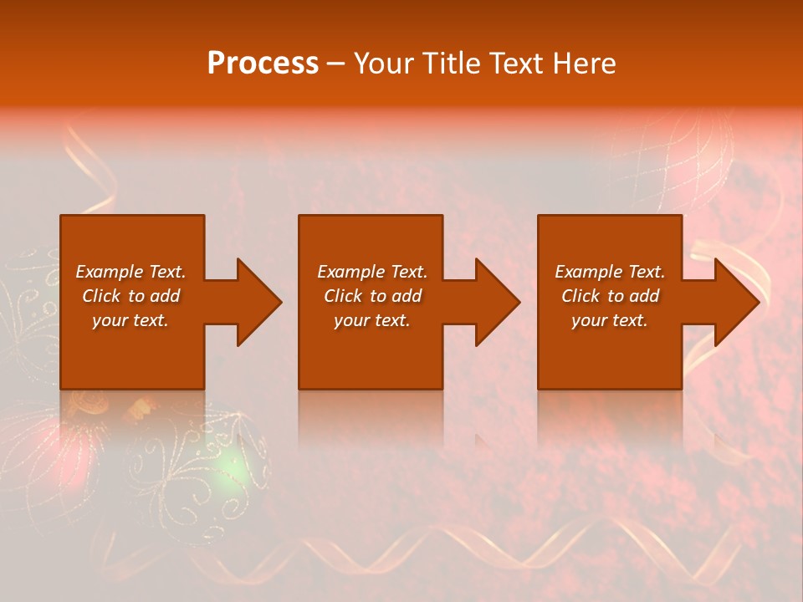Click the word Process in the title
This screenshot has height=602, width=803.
(x=263, y=64)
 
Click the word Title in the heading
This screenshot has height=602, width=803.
(x=448, y=64)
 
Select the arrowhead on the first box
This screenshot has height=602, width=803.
(x=256, y=302)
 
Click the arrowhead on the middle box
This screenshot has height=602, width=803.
(x=494, y=302)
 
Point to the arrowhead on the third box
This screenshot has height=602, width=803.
(x=734, y=302)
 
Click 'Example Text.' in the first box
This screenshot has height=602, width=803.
(x=130, y=272)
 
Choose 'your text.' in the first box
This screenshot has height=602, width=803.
(x=130, y=320)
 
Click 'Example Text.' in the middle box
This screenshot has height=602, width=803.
(x=372, y=272)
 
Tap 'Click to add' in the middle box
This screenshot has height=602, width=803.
(x=372, y=296)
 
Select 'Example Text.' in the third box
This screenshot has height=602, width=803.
(x=610, y=272)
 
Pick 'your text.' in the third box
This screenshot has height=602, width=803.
(x=610, y=320)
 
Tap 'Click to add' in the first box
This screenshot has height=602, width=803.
(x=130, y=296)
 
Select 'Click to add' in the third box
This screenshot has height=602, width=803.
(x=610, y=296)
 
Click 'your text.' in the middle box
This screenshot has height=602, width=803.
(x=372, y=320)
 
